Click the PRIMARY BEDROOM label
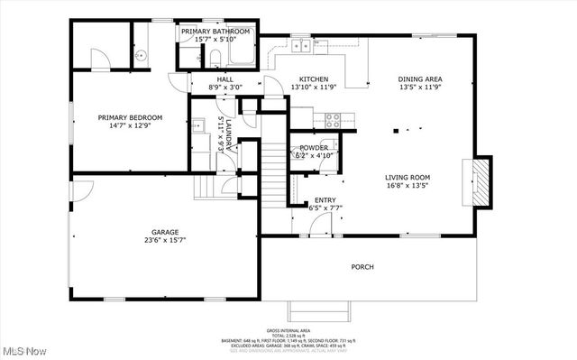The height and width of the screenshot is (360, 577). click(130, 118)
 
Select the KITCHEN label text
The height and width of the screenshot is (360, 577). click(314, 79)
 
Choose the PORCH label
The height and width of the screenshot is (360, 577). click(362, 266)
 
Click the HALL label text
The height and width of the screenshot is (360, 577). click(224, 79)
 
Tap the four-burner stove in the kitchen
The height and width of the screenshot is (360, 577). click(332, 118)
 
